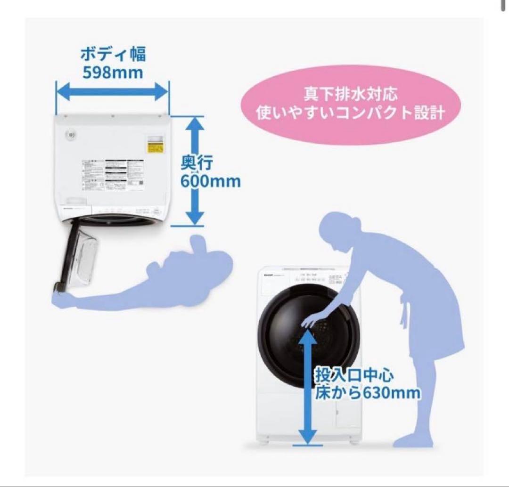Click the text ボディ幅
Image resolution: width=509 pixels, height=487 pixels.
(113, 54)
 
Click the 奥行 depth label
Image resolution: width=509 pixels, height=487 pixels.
(197, 163)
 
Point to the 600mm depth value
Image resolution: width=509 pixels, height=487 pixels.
(211, 181)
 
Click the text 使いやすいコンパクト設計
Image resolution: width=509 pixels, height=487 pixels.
(351, 114)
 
